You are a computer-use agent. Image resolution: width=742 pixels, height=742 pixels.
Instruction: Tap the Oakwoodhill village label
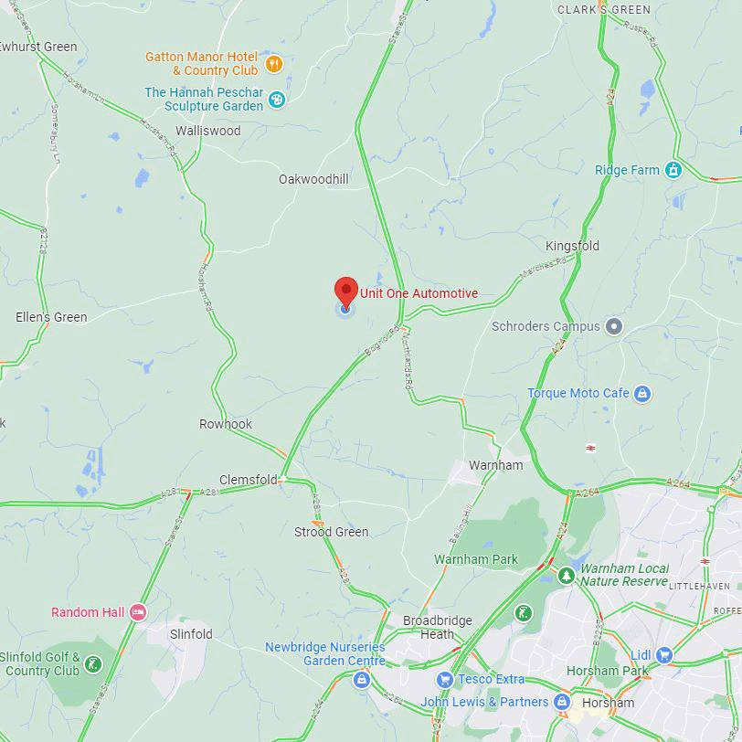pyautogui.click(x=313, y=179)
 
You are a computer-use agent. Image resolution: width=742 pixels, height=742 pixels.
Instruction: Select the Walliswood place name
pyautogui.click(x=207, y=131)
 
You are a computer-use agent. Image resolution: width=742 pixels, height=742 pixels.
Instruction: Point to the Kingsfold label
pyautogui.click(x=572, y=246)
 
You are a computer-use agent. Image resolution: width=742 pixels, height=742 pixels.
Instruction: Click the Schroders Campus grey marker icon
pyautogui.click(x=614, y=326)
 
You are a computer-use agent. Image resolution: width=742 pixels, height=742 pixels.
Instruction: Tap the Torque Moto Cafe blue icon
pyautogui.click(x=642, y=393)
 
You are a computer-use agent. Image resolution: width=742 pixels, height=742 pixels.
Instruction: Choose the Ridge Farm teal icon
pyautogui.click(x=673, y=170)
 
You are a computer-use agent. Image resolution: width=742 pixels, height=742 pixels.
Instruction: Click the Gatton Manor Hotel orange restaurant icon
pyautogui.click(x=273, y=64)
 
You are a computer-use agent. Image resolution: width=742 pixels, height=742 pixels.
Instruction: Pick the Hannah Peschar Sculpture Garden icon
pyautogui.click(x=277, y=99)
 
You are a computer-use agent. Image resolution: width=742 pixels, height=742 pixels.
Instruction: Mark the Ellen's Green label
pyautogui.click(x=51, y=317)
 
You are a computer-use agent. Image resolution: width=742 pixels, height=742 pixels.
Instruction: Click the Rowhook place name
pyautogui.click(x=226, y=424)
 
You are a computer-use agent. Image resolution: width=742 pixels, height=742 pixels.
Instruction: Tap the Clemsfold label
pyautogui.click(x=248, y=480)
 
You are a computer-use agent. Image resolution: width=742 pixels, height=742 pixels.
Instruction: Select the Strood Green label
pyautogui.click(x=331, y=532)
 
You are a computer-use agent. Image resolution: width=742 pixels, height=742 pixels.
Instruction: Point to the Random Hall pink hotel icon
pyautogui.click(x=137, y=612)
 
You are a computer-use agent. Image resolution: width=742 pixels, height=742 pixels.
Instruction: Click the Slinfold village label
pyautogui.click(x=191, y=633)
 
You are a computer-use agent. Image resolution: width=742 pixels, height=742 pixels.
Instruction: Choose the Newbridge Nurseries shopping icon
pyautogui.click(x=363, y=679)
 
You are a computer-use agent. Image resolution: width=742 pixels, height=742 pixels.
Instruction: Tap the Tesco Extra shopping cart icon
pyautogui.click(x=444, y=679)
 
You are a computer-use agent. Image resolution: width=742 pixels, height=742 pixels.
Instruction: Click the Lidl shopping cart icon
pyautogui.click(x=663, y=654)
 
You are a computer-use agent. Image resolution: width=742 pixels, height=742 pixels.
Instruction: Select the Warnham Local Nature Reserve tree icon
pyautogui.click(x=566, y=576)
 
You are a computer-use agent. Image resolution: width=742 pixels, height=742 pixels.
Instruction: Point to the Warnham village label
pyautogui.click(x=495, y=465)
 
